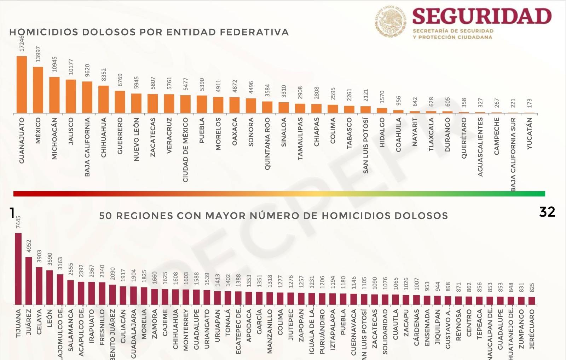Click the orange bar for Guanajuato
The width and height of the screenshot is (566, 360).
pos(22,85)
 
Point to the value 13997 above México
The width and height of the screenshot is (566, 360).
pos(38,54)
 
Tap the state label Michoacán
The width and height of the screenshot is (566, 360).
pos(54,138)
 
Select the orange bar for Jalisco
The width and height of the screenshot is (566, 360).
pos(71,96)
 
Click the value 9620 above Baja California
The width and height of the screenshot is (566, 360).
pos(87,70)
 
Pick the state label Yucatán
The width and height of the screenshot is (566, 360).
pos(530,133)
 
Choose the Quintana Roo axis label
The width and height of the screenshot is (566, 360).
pos(267,143)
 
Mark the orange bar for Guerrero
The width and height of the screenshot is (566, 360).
pos(120,102)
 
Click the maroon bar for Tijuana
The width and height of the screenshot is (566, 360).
pos(18,269)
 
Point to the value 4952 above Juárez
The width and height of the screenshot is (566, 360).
pos(29,246)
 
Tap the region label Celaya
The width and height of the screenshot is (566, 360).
pos(39,322)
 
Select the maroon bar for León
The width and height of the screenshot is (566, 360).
pos(50,287)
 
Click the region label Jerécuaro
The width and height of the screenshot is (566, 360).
pos(532,329)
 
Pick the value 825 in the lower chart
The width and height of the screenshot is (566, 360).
pos(532,287)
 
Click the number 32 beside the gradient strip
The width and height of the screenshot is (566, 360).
pos(547,212)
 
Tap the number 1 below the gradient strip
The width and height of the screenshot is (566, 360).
pos(12,213)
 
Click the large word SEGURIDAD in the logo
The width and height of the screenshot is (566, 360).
pos(482,16)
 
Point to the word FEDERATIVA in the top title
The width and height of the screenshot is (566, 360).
pos(254,32)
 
